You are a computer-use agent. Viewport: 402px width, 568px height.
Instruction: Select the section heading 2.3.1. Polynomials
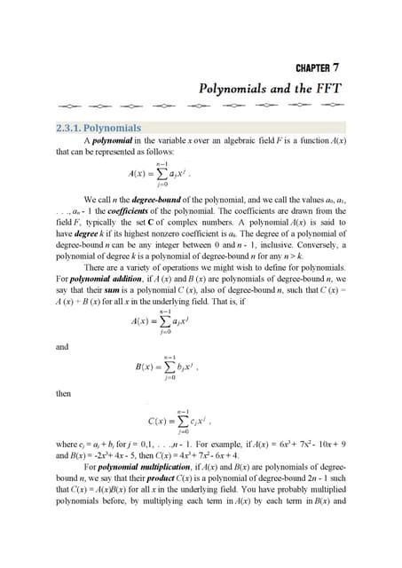click(x=98, y=128)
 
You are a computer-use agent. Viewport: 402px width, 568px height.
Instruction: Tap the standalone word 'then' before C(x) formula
click(x=63, y=391)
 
